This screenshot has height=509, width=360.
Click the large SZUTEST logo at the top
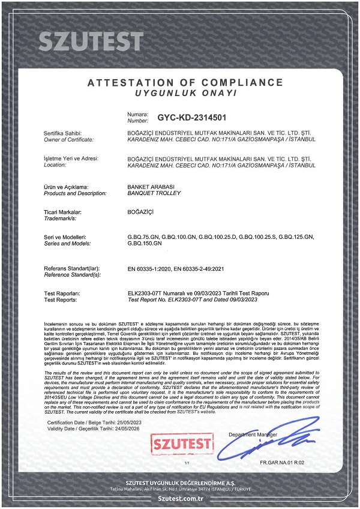click(91, 41)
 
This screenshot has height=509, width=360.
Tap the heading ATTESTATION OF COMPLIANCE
click(185, 82)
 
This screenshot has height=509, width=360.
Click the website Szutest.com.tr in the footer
click(179, 498)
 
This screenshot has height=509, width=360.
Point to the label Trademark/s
click(63, 218)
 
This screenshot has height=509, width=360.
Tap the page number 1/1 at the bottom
click(187, 463)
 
